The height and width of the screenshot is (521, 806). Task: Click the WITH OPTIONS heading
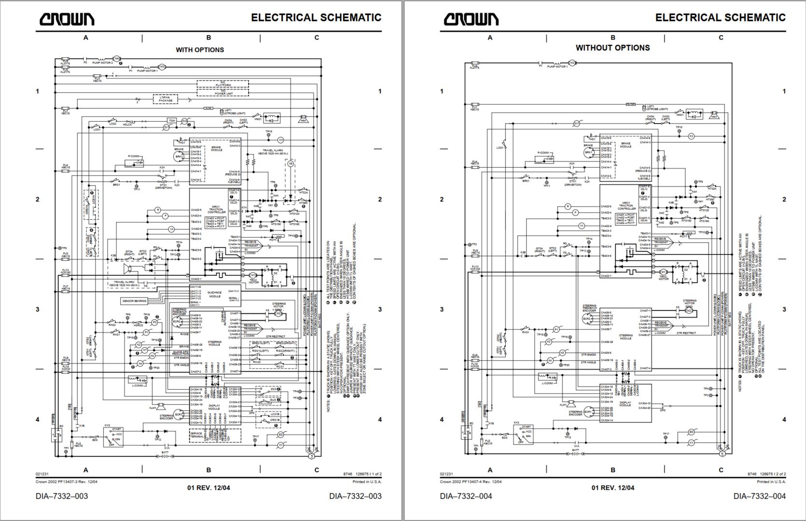(199, 50)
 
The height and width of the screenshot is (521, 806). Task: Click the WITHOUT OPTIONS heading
(612, 48)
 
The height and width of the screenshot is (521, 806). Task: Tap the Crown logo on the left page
(67, 19)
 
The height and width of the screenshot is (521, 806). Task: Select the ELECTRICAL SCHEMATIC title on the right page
(720, 18)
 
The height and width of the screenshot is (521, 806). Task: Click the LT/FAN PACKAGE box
(166, 99)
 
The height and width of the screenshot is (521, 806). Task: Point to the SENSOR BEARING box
(134, 301)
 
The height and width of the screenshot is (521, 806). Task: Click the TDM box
(172, 120)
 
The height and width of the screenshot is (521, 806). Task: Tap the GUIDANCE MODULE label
(214, 294)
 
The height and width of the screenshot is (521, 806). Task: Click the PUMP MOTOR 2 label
(102, 63)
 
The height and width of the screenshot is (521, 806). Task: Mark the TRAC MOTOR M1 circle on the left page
(252, 275)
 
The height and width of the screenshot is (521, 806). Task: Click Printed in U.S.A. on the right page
(771, 481)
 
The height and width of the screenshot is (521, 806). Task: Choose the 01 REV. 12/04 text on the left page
(208, 488)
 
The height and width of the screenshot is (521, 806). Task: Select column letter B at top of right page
(612, 38)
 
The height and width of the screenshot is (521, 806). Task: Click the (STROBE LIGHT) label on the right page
(656, 110)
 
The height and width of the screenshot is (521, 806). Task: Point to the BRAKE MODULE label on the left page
(216, 148)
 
